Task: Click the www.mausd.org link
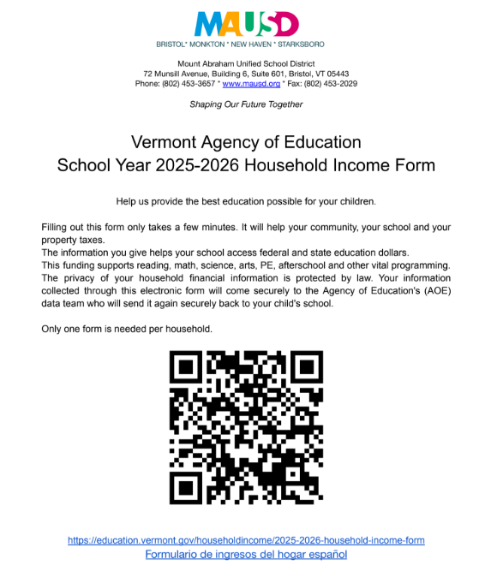point(252,84)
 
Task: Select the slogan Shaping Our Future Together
point(246,104)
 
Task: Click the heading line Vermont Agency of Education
point(246,142)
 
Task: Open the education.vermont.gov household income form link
point(246,540)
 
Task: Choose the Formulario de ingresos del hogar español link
point(246,554)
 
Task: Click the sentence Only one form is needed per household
point(126,329)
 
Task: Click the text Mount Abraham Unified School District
point(246,63)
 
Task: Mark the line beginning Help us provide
point(246,201)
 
